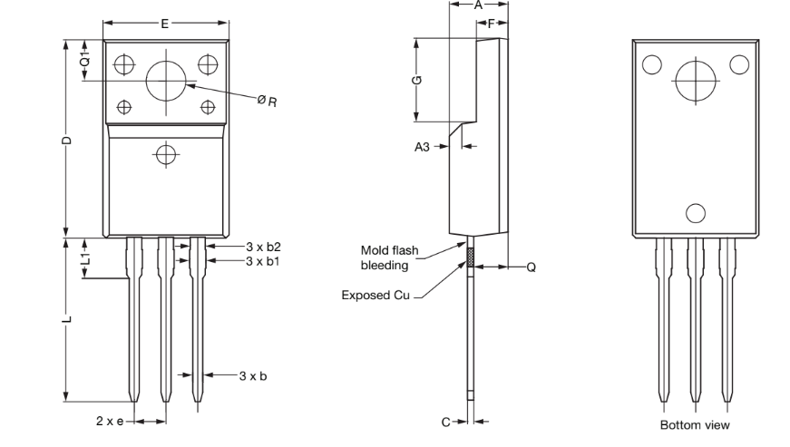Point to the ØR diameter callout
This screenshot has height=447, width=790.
point(267,101)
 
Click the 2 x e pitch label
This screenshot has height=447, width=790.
point(111,421)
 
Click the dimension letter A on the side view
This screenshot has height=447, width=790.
point(479,5)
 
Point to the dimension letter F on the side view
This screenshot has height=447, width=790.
point(491,24)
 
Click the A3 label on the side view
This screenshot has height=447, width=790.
point(422,146)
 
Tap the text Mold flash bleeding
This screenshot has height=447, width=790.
point(387,257)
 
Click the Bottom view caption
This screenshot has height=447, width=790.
point(694,424)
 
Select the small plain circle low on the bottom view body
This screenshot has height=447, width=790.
point(696,213)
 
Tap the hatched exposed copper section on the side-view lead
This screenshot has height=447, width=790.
point(471,258)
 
